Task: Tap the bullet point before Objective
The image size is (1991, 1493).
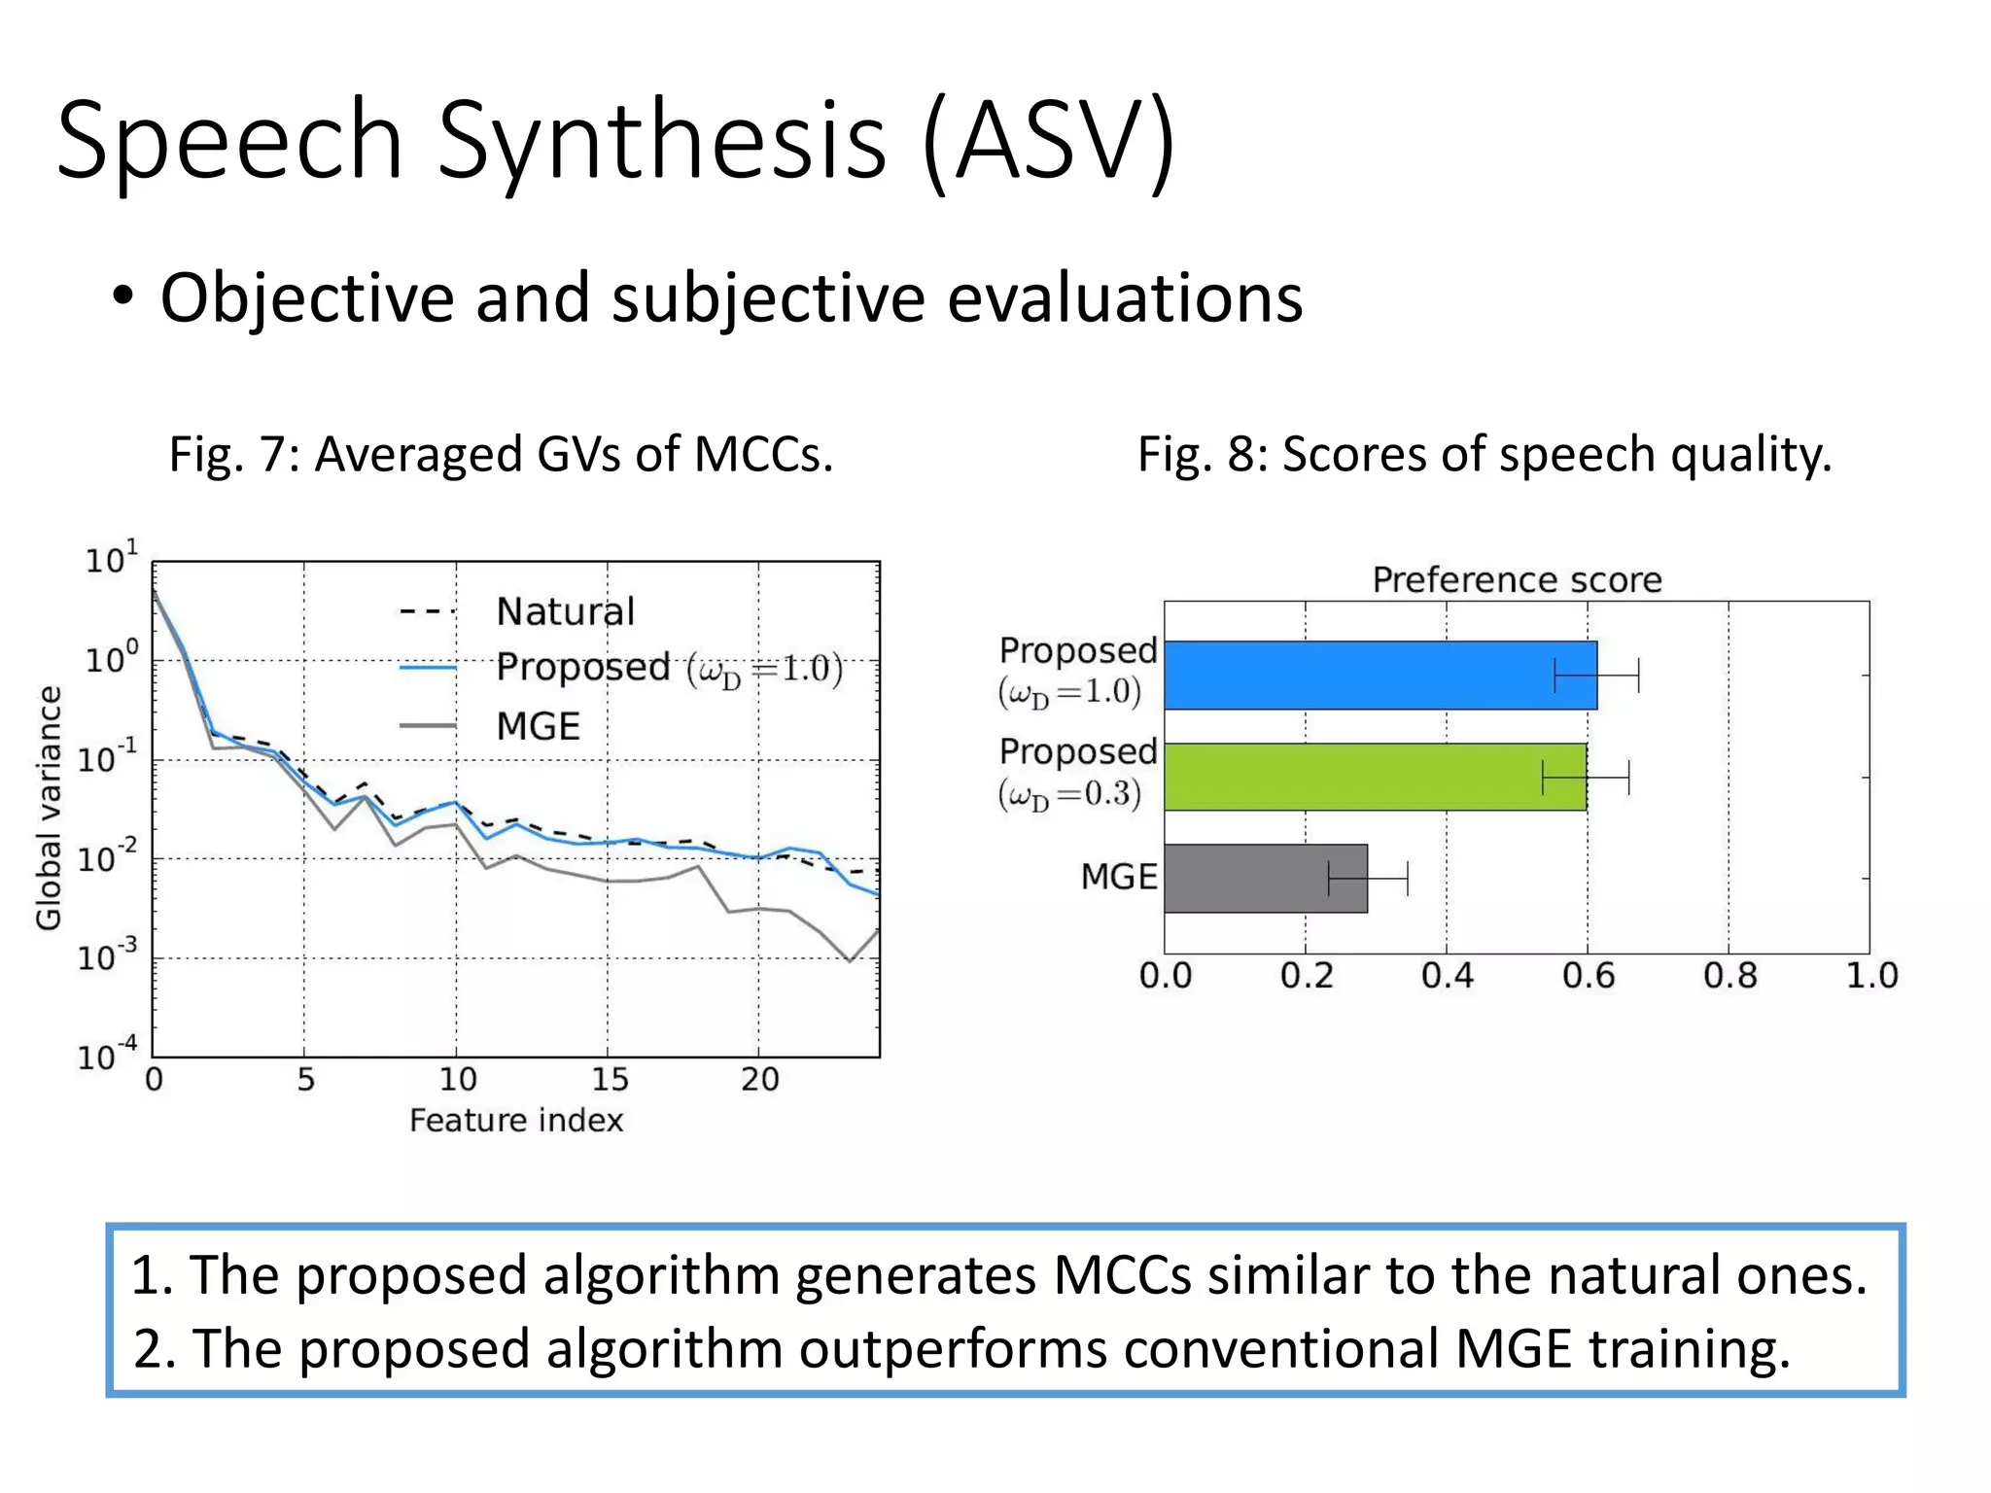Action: point(122,296)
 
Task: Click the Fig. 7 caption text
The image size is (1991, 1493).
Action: point(501,454)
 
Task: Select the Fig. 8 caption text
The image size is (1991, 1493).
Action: point(1485,454)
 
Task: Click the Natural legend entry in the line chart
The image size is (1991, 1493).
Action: point(565,611)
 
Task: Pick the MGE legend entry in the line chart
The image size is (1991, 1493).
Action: point(538,726)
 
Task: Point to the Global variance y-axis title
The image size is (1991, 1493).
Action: point(49,808)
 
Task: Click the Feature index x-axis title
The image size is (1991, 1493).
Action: point(515,1121)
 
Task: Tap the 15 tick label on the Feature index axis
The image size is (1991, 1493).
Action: point(610,1079)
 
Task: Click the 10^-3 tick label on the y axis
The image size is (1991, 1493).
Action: point(107,957)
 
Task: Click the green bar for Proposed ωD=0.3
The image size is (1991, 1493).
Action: point(1361,777)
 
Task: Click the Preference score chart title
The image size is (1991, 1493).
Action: point(1517,580)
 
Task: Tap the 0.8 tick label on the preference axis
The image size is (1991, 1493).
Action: point(1729,975)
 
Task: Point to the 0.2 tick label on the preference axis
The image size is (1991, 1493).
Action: point(1306,975)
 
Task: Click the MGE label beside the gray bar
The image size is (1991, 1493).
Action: point(1118,877)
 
